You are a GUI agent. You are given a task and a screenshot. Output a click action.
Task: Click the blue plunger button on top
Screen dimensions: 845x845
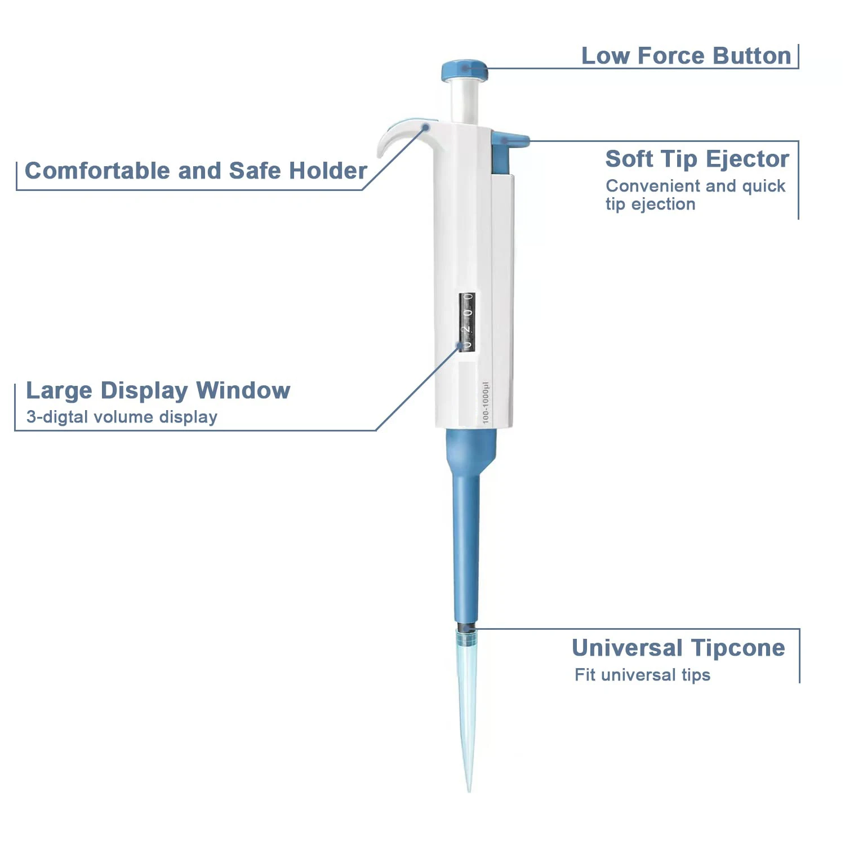[464, 70]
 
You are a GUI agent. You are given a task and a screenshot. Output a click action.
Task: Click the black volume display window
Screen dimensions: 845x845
[467, 322]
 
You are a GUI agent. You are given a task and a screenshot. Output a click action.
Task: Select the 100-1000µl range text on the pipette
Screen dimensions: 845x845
[486, 402]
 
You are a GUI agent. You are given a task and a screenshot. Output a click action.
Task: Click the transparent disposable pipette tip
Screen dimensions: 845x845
[467, 704]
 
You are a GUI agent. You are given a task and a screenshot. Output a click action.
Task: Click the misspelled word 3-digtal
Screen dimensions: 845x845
[57, 417]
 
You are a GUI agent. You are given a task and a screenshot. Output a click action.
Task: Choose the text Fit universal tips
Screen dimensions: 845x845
[642, 675]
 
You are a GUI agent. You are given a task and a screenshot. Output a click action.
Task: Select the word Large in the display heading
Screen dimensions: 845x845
[59, 390]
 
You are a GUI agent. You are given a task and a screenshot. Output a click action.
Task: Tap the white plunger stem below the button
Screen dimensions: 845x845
[464, 101]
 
